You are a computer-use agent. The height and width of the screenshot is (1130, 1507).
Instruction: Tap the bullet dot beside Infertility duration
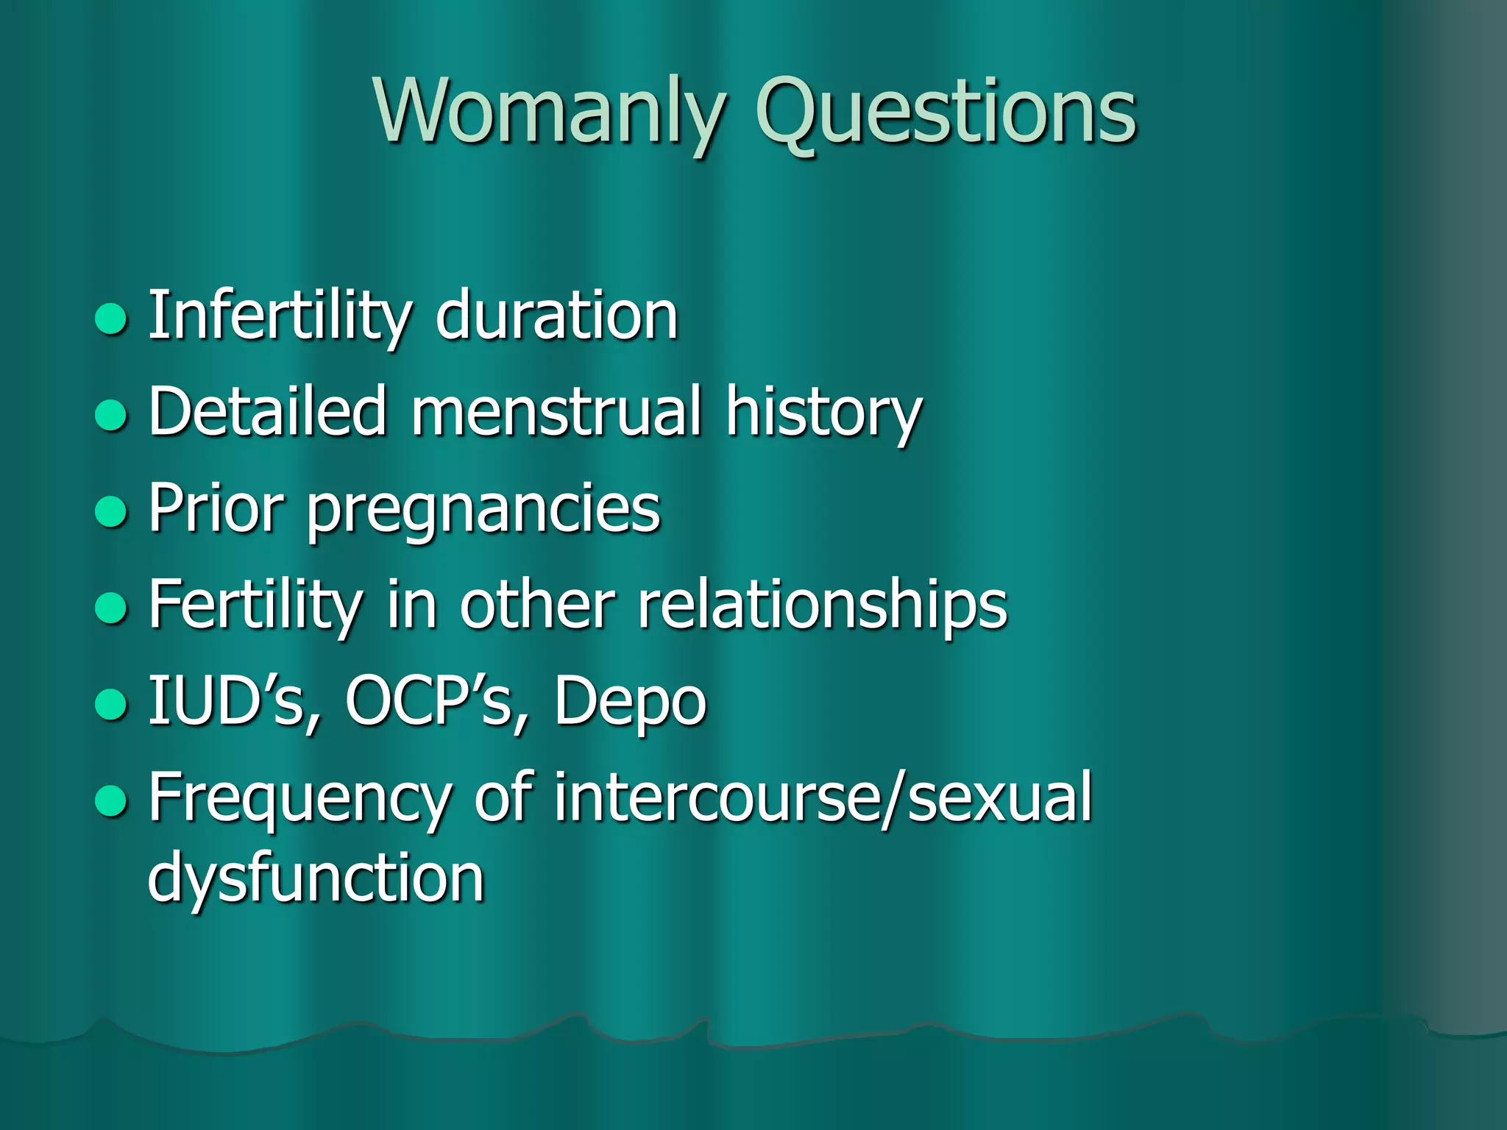click(112, 319)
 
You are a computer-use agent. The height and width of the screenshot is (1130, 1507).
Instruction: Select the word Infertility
click(280, 316)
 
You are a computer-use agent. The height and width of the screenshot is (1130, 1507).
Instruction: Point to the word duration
click(556, 316)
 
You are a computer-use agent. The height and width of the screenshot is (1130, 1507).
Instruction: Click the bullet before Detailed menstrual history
click(112, 414)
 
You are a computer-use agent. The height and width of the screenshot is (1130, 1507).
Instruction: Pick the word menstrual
click(556, 412)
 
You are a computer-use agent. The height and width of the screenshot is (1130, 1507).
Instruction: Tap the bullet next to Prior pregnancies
click(112, 511)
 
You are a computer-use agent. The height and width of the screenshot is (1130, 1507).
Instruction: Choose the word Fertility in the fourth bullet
click(253, 605)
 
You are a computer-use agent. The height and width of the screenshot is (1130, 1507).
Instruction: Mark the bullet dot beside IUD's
click(112, 703)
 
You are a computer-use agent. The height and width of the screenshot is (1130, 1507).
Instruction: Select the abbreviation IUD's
click(235, 702)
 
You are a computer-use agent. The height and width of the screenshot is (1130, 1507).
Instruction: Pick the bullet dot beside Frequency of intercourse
click(112, 800)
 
